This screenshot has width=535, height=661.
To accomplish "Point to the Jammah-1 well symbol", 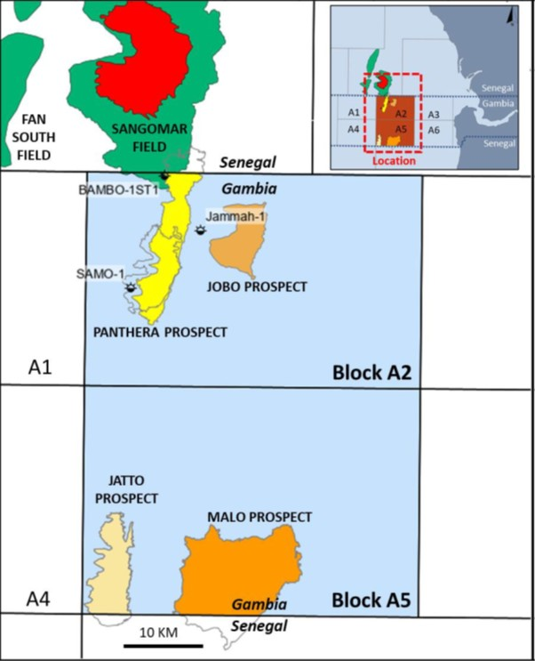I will pyautogui.click(x=201, y=230).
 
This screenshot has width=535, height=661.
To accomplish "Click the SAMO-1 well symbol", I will pyautogui.click(x=132, y=287).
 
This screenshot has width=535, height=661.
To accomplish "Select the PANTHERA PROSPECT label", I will pyautogui.click(x=160, y=332).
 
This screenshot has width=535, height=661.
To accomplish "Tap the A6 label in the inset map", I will pyautogui.click(x=433, y=130).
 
